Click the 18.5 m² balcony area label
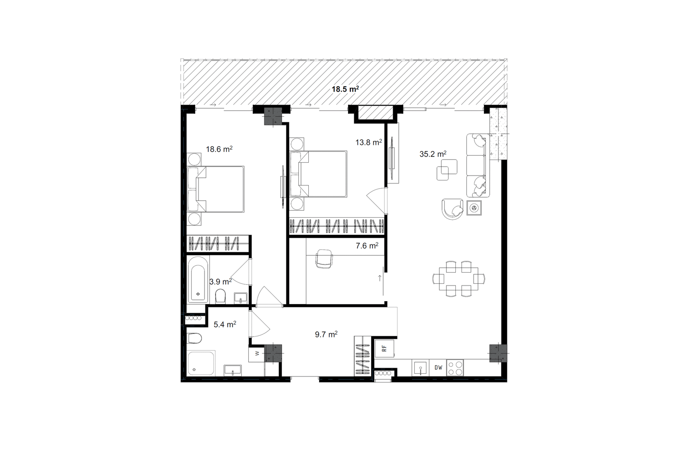click(x=345, y=89)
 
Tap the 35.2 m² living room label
click(x=433, y=154)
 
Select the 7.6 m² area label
click(x=367, y=246)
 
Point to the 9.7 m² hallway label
click(x=326, y=334)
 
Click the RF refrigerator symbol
click(x=384, y=348)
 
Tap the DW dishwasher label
click(x=439, y=368)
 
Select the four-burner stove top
click(x=455, y=368)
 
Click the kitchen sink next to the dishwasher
click(x=420, y=368)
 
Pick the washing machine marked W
click(x=257, y=353)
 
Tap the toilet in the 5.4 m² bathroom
click(x=195, y=338)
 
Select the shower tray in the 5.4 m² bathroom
click(x=202, y=363)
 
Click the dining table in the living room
click(x=458, y=279)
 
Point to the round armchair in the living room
click(x=452, y=209)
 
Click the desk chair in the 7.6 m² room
click(x=324, y=259)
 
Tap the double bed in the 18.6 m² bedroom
click(x=216, y=189)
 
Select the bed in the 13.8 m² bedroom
click(x=318, y=174)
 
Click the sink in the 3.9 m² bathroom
click(x=240, y=298)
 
